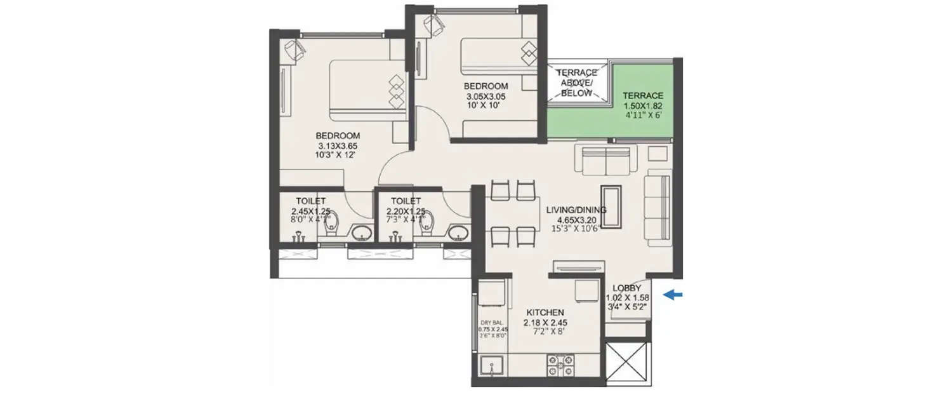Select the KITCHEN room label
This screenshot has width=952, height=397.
545,313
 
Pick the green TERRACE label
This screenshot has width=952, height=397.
642,95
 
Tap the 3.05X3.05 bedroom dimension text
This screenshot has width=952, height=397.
486,97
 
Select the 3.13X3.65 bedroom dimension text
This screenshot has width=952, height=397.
338,145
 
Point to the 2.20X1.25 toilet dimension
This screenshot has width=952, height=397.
406,211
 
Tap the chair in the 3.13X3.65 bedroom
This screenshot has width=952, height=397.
293,50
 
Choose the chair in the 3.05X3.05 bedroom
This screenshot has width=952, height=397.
435,26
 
